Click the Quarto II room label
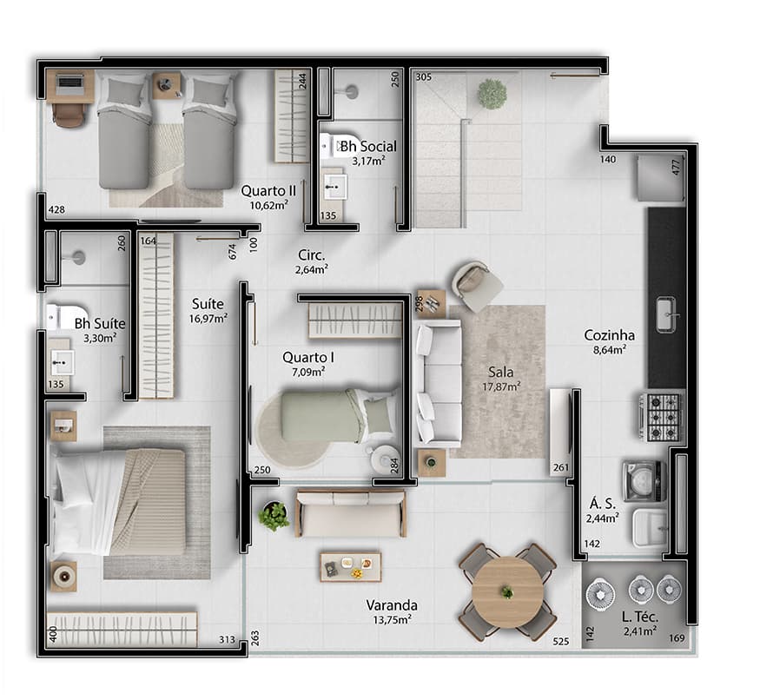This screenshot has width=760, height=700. click(265, 190)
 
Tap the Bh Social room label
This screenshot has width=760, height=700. click(368, 146)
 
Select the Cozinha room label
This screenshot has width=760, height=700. click(609, 335)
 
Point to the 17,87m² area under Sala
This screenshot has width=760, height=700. click(501, 387)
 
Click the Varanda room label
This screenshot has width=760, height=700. click(392, 605)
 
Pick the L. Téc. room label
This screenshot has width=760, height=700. click(638, 617)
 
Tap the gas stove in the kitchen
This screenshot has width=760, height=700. click(662, 416)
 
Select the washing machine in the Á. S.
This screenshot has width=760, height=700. click(644, 480)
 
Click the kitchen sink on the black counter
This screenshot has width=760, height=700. click(667, 314)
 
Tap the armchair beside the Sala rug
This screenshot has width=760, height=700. click(477, 284)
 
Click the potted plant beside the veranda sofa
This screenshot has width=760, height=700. click(274, 515)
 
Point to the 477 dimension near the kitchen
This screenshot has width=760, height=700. click(676, 167)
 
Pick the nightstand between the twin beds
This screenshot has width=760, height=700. click(167, 85)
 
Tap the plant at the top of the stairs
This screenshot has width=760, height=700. click(492, 93)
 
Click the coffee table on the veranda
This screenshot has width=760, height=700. click(349, 565)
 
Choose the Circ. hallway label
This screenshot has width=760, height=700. click(311, 255)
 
